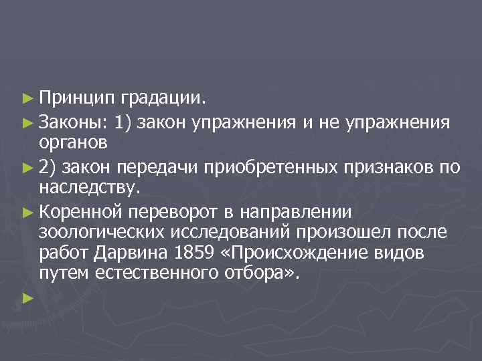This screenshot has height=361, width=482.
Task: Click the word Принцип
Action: [76, 100]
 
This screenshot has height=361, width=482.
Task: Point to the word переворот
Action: [173, 211]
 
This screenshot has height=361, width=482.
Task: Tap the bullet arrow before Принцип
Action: [27, 100]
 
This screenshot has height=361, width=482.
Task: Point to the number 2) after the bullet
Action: [48, 166]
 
